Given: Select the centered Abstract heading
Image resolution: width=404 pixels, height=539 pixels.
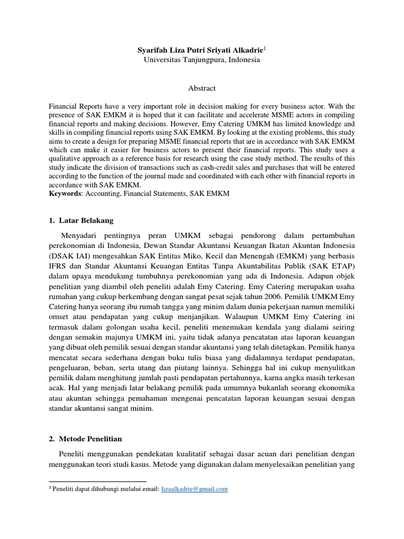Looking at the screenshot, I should point(202,88).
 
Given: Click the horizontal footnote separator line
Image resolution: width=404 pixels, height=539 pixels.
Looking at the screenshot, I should point(97,481).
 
